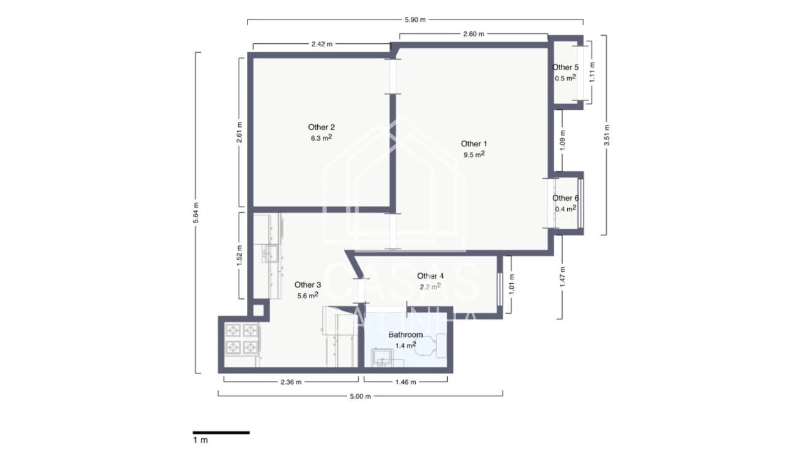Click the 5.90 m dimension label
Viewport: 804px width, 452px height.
pyautogui.click(x=415, y=19)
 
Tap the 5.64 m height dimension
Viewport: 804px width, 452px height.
pyautogui.click(x=196, y=213)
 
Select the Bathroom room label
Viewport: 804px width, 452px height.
pyautogui.click(x=405, y=335)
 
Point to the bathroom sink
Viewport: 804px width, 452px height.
pyautogui.click(x=382, y=358)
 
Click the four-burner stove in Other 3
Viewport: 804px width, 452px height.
pyautogui.click(x=242, y=338)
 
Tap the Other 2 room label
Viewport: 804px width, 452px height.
pyautogui.click(x=321, y=127)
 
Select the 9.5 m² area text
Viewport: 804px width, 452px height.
pyautogui.click(x=474, y=154)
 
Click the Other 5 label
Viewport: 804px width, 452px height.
pyautogui.click(x=565, y=67)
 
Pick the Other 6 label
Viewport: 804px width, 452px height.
pyautogui.click(x=565, y=198)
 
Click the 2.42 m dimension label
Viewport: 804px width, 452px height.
pyautogui.click(x=322, y=44)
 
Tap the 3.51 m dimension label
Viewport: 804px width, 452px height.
pyautogui.click(x=607, y=135)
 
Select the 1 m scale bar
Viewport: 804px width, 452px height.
pyautogui.click(x=221, y=433)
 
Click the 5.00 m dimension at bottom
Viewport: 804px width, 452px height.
pyautogui.click(x=361, y=396)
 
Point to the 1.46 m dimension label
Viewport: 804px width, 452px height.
pyautogui.click(x=405, y=382)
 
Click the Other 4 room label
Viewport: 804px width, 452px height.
pyautogui.click(x=430, y=276)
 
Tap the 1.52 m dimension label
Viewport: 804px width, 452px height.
pyautogui.click(x=239, y=256)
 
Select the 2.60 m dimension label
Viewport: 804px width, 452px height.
pyautogui.click(x=473, y=34)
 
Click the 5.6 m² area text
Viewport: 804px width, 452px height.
pyautogui.click(x=307, y=295)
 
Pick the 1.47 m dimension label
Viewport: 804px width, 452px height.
pyautogui.click(x=562, y=277)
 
